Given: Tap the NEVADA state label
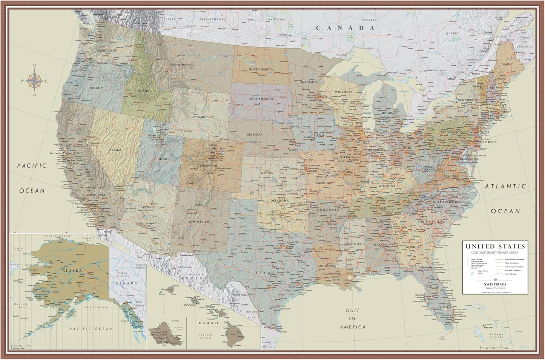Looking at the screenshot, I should pyautogui.click(x=115, y=150).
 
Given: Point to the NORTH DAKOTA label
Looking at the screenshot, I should pyautogui.click(x=260, y=69).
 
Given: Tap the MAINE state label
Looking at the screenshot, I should pyautogui.click(x=507, y=64).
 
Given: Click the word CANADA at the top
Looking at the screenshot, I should pyautogui.click(x=345, y=28).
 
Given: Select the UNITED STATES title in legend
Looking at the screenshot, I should pyautogui.click(x=495, y=247).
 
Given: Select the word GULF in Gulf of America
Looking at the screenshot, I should pyautogui.click(x=353, y=310).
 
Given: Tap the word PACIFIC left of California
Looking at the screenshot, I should pyautogui.click(x=32, y=165).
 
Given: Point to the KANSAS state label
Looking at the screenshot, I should pyautogui.click(x=267, y=173).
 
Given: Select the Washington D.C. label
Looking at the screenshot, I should pyautogui.click(x=469, y=159).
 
